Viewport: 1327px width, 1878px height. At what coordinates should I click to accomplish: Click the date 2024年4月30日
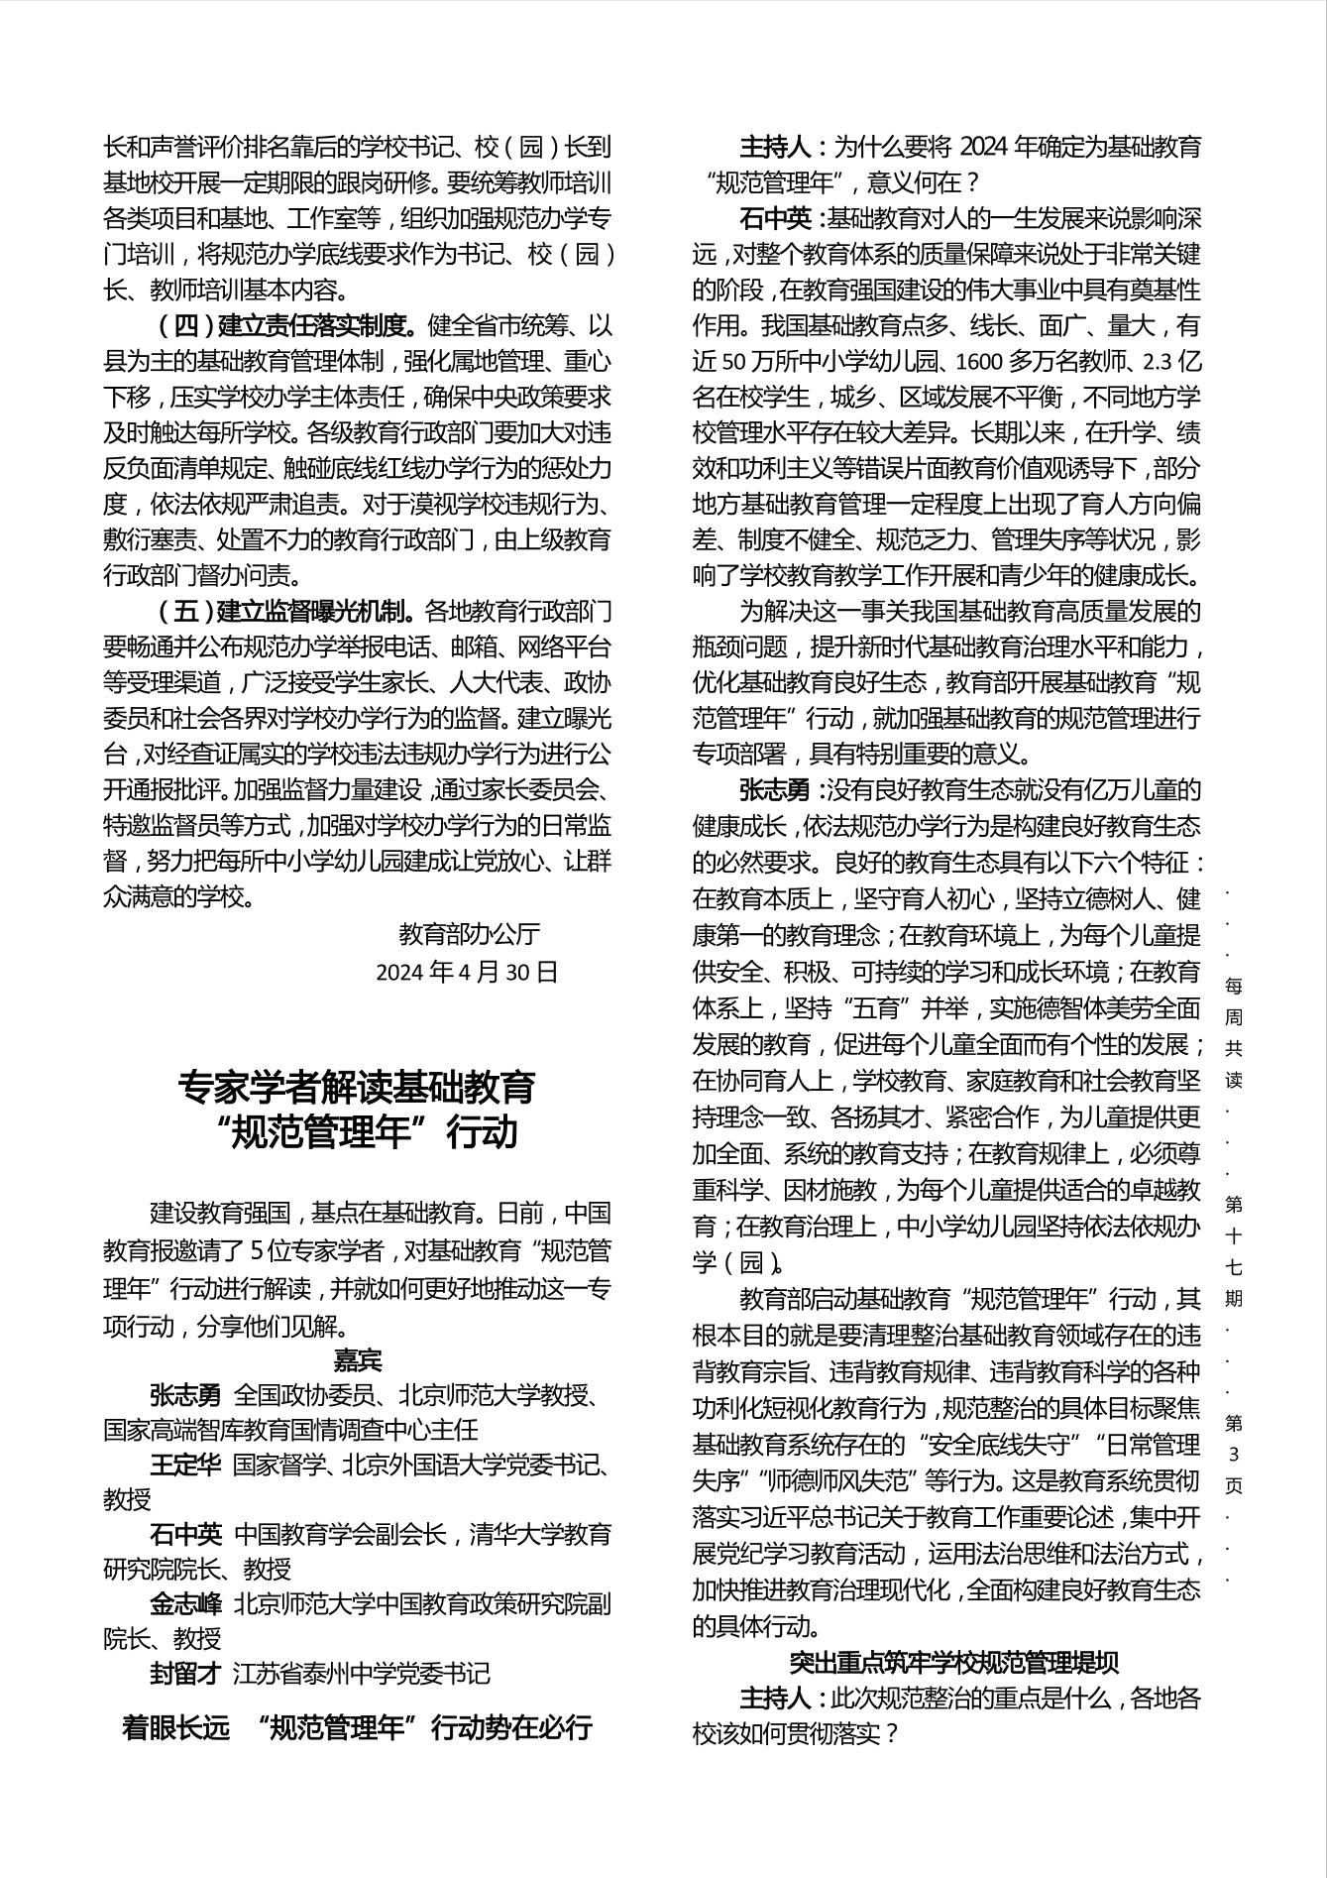[x=467, y=972]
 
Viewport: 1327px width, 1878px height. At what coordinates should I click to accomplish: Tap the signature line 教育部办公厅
[x=469, y=934]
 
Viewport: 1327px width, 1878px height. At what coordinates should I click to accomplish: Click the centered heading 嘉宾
[x=358, y=1359]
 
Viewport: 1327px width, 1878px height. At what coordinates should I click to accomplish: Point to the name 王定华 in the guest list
[x=185, y=1466]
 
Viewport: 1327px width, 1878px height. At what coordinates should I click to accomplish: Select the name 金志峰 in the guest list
[x=185, y=1603]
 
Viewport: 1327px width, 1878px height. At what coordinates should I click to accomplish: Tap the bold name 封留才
[x=185, y=1674]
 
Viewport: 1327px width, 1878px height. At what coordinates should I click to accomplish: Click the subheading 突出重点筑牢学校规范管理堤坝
[x=954, y=1663]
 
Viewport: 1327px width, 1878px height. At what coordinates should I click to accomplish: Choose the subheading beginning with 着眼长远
[x=358, y=1728]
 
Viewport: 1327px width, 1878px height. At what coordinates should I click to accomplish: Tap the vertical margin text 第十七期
[x=1234, y=1251]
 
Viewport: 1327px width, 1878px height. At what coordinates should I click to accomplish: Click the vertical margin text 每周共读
[x=1234, y=1031]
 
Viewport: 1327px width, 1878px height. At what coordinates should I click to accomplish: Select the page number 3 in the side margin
[x=1234, y=1455]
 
